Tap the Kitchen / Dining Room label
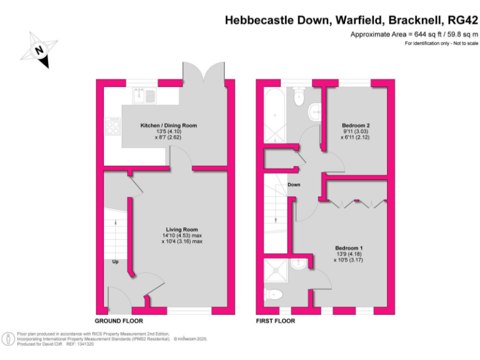(168, 126)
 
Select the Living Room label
(182, 229)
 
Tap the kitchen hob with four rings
(114, 126)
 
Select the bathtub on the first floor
(274, 116)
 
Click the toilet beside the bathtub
(298, 95)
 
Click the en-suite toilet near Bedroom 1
(276, 293)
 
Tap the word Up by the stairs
(116, 261)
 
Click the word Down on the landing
(294, 185)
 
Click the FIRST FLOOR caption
(276, 321)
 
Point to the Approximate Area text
(413, 34)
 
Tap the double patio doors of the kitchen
(203, 74)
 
